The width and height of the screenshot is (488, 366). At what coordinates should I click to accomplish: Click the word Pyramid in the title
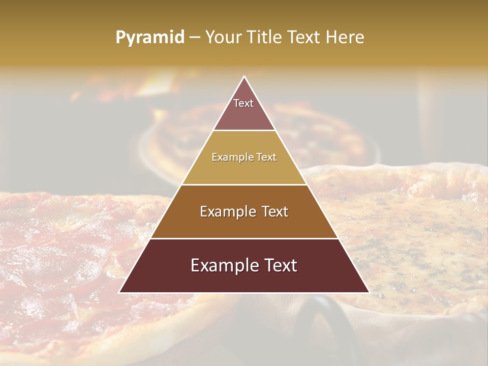[x=149, y=38]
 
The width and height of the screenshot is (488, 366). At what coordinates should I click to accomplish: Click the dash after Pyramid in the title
[x=195, y=38]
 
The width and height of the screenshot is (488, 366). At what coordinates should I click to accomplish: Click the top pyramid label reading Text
[x=243, y=103]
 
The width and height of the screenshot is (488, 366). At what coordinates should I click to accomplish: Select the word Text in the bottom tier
[x=278, y=265]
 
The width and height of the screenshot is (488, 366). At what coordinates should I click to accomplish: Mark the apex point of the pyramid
[x=245, y=77]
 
